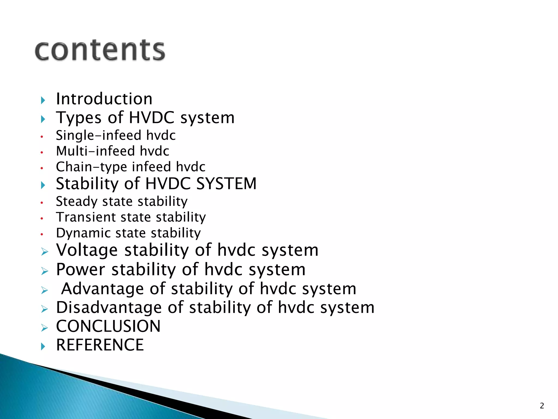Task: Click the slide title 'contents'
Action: [x=100, y=50]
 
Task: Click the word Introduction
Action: [x=104, y=99]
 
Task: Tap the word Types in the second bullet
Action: [x=79, y=118]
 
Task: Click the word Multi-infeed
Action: [x=95, y=151]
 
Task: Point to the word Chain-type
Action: [x=91, y=167]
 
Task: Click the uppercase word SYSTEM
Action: [x=226, y=184]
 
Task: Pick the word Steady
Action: [x=77, y=202]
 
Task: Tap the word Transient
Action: [x=86, y=217]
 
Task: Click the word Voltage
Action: [x=87, y=250]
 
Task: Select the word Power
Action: [x=81, y=270]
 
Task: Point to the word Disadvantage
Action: [x=109, y=308]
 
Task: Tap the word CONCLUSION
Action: [x=108, y=326]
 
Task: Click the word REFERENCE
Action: [x=100, y=345]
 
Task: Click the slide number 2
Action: [x=542, y=406]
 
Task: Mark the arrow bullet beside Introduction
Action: [x=43, y=100]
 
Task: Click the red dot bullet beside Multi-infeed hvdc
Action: [x=42, y=152]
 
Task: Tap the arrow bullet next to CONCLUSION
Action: [x=44, y=328]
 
